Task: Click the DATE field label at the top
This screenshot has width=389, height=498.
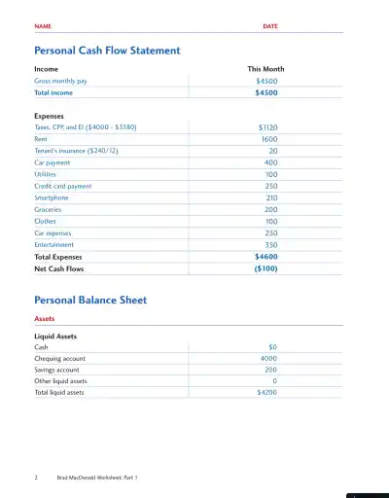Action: coord(270,26)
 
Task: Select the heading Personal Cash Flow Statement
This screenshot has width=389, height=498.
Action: coord(107,50)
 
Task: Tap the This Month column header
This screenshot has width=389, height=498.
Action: coord(265,70)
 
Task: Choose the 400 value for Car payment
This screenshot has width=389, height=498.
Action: coord(271,162)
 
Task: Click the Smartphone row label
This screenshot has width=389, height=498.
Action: coord(52,197)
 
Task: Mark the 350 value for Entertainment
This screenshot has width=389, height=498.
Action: coord(271,245)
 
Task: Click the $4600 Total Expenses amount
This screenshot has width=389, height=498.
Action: coord(265,257)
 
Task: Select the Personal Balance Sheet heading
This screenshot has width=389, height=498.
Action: coord(90,301)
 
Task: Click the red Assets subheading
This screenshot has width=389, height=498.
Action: coord(45,318)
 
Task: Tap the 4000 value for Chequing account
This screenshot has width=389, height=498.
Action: coord(269,358)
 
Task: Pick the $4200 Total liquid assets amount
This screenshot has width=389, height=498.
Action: coord(266,393)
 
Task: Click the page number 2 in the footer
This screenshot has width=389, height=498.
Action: coord(36,479)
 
